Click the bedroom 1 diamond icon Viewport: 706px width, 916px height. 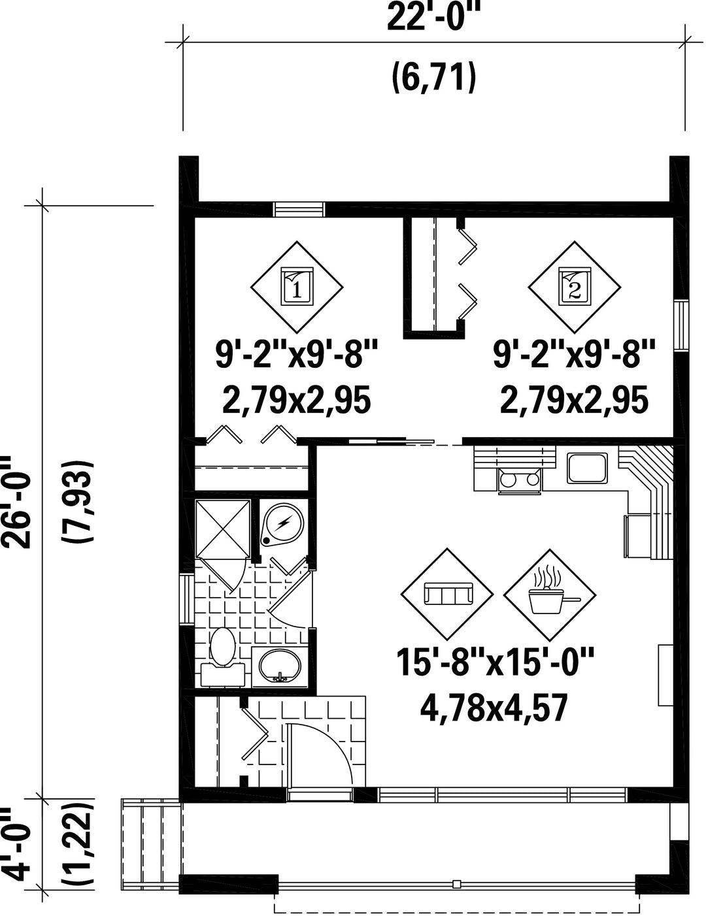pyautogui.click(x=297, y=287)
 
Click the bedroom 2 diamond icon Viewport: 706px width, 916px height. pyautogui.click(x=575, y=287)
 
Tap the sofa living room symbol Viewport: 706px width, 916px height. pyautogui.click(x=447, y=595)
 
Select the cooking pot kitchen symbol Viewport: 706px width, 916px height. pyautogui.click(x=550, y=595)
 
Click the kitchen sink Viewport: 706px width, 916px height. pyautogui.click(x=587, y=468)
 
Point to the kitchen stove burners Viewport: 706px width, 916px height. pyautogui.click(x=520, y=480)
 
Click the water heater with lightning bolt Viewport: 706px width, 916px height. pyautogui.click(x=281, y=523)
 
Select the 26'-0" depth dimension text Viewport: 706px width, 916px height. pyautogui.click(x=18, y=502)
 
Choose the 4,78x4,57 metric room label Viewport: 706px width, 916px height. pyautogui.click(x=494, y=709)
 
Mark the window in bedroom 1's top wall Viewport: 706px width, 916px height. pyautogui.click(x=299, y=209)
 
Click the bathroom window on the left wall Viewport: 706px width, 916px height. pyautogui.click(x=186, y=599)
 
